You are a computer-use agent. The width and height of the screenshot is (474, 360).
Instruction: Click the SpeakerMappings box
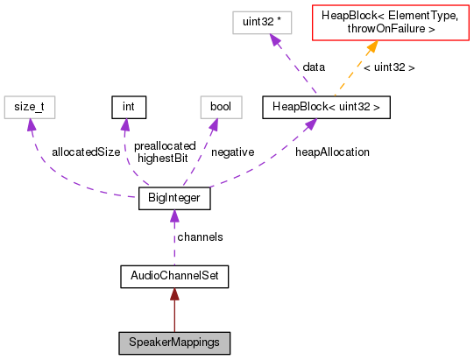174,342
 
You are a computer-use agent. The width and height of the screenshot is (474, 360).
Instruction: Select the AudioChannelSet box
174,277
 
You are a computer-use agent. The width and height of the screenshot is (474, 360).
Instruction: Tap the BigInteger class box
174,200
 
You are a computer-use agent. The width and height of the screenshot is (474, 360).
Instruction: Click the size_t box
30,107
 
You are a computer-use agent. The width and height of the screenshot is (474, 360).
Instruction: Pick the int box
128,107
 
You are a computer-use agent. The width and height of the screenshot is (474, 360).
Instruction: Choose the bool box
215,107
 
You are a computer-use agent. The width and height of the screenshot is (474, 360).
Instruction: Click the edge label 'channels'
200,237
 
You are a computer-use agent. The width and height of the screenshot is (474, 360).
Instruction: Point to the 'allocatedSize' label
85,152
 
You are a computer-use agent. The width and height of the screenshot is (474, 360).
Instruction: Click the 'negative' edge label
232,152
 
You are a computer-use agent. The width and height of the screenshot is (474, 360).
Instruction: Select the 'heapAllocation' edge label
332,152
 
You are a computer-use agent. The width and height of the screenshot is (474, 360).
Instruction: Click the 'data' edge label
314,67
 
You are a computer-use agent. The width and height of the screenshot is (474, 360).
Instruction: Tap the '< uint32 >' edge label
389,67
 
